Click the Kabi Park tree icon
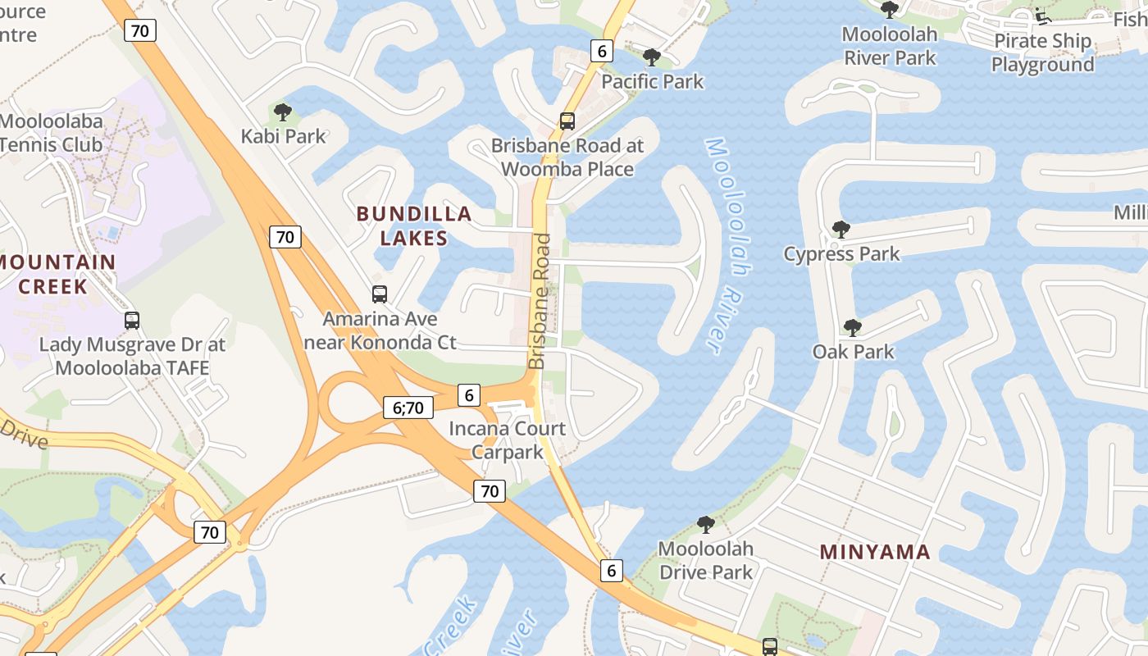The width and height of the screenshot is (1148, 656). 283,112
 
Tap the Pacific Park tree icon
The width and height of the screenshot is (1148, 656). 652,57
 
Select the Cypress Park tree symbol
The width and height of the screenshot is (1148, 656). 840,230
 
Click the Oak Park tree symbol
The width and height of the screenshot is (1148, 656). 853,328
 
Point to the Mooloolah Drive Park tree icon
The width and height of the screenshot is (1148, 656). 705,525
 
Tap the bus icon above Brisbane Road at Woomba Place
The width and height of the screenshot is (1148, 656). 567,121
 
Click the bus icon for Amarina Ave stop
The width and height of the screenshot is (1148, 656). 380,294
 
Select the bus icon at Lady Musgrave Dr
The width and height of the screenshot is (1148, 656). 132,321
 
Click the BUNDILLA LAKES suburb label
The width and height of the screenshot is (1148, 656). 414,226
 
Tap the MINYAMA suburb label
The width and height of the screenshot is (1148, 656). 875,552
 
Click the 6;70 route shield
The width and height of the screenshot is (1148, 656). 408,408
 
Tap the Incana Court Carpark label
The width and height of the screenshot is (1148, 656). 507,440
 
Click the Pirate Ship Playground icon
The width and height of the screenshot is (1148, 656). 1042,16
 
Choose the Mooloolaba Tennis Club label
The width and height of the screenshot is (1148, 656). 51,133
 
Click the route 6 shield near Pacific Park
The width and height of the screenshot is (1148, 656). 602,51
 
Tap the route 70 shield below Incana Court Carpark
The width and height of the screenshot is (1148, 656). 490,491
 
